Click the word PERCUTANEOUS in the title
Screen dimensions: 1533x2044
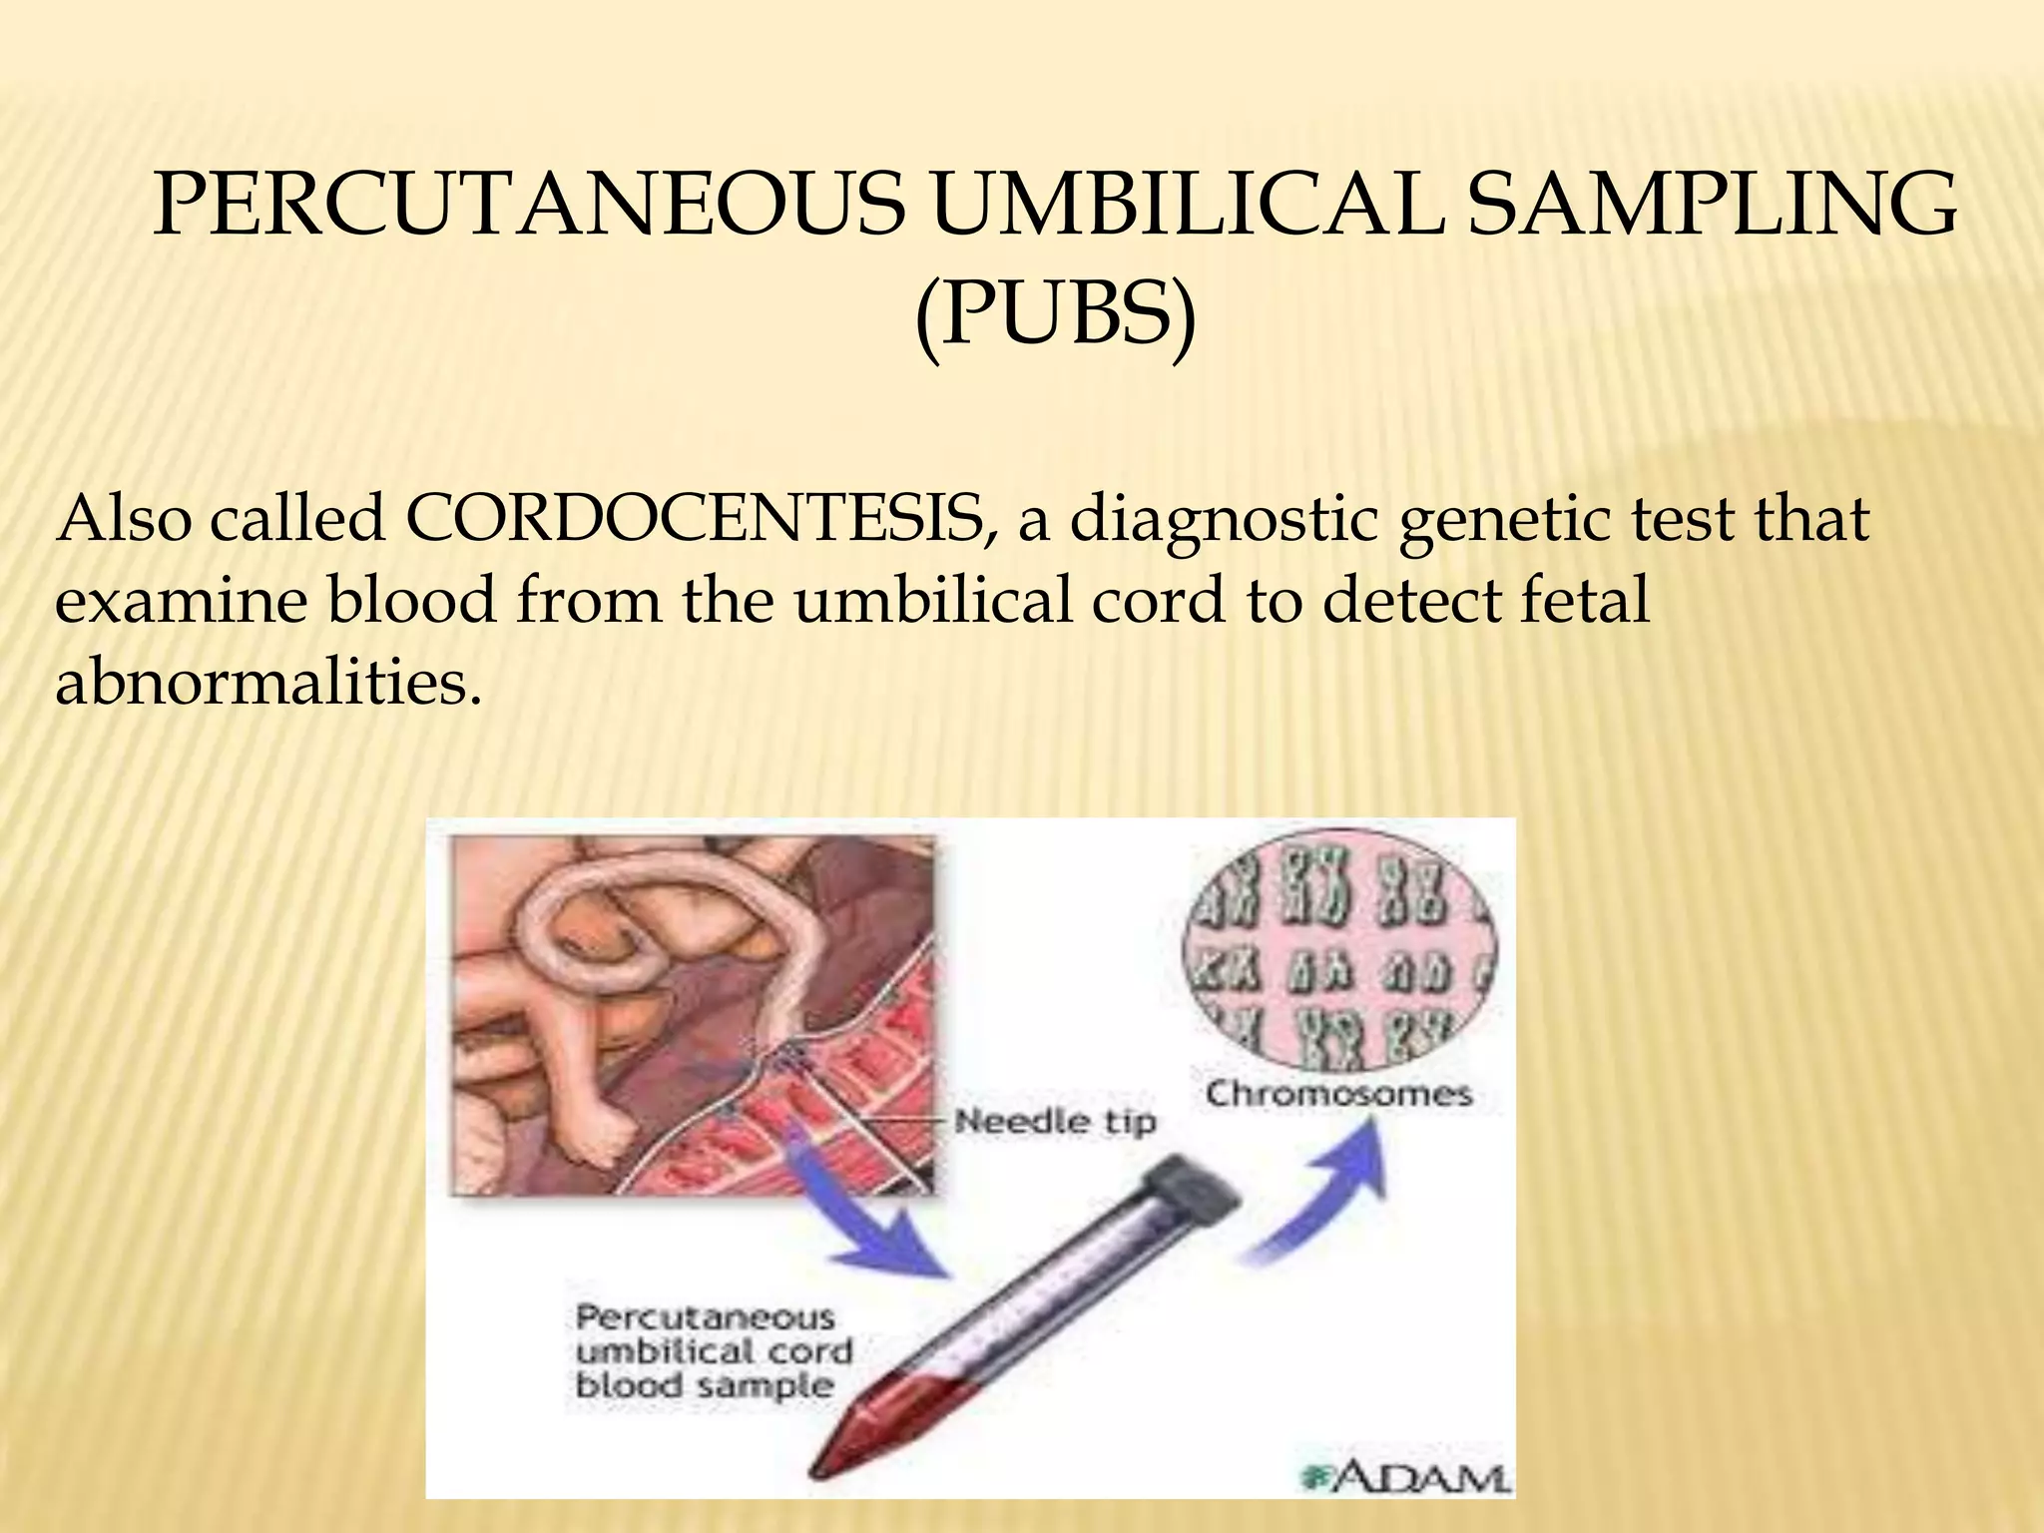pos(528,207)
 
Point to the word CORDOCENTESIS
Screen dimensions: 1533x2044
pos(700,520)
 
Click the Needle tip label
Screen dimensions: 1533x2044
pos(1055,1121)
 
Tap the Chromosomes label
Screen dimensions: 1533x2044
pos(1338,1094)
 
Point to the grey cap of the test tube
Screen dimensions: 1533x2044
pos(1194,1193)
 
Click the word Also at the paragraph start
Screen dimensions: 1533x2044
pos(123,520)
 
